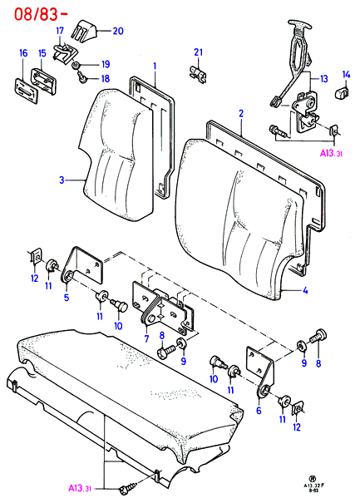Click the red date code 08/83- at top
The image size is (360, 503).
41,14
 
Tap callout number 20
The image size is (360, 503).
118,31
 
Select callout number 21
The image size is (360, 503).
198,52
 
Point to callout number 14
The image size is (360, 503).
346,75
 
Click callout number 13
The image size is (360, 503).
324,79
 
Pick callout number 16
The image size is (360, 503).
23,53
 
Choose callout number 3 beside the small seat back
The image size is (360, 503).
62,180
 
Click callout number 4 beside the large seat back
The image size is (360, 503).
305,290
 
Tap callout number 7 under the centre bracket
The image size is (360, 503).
146,338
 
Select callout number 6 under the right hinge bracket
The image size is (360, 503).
259,410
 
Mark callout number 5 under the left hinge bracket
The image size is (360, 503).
67,297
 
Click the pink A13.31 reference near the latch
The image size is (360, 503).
331,153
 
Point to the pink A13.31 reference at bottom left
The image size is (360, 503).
80,488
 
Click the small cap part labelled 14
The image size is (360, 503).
343,92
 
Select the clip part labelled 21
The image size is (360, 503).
197,74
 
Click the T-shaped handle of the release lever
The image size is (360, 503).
299,25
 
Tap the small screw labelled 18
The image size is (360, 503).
81,77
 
